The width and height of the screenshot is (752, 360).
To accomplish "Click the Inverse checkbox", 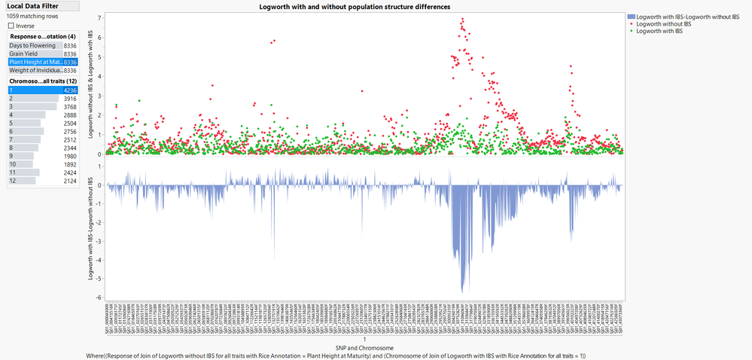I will [x=11, y=26].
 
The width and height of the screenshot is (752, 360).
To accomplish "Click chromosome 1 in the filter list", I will [x=11, y=90].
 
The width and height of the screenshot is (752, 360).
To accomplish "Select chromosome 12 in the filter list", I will [x=12, y=181].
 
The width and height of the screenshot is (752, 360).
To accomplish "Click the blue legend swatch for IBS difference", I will [x=630, y=16].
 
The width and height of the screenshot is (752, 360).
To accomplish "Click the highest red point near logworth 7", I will [x=461, y=19].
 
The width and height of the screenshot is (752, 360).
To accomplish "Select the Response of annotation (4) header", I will [x=42, y=36].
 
